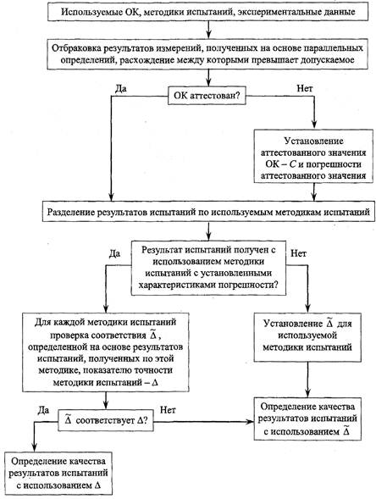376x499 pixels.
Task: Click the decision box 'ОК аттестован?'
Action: pos(207,96)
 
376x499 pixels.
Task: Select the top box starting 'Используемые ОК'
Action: pos(208,12)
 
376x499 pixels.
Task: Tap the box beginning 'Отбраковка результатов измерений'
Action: pos(207,54)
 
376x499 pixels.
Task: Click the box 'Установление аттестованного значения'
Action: pos(313,156)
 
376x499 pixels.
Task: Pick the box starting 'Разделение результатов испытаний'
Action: pos(208,212)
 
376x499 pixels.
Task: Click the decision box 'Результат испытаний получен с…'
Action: pos(208,268)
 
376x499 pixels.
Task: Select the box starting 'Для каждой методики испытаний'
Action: pos(106,352)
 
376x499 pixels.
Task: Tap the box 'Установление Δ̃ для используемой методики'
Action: pos(307,337)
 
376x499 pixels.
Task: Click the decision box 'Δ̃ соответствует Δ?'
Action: pos(106,420)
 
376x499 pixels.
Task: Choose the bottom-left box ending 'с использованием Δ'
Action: pos(58,473)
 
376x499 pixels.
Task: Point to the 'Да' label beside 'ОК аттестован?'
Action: pos(120,88)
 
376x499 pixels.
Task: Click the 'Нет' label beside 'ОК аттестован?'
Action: pos(305,88)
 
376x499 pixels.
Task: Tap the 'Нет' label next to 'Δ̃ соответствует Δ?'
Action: pos(168,409)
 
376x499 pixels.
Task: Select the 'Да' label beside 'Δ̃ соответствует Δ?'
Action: pos(43,410)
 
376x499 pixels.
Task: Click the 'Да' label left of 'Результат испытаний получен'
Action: pos(114,253)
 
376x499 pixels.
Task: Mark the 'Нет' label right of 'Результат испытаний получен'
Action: pos(299,253)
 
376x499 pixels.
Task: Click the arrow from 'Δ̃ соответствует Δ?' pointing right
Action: pos(203,422)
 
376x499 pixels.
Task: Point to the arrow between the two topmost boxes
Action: pos(208,30)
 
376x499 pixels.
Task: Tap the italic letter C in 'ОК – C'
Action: pos(292,164)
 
